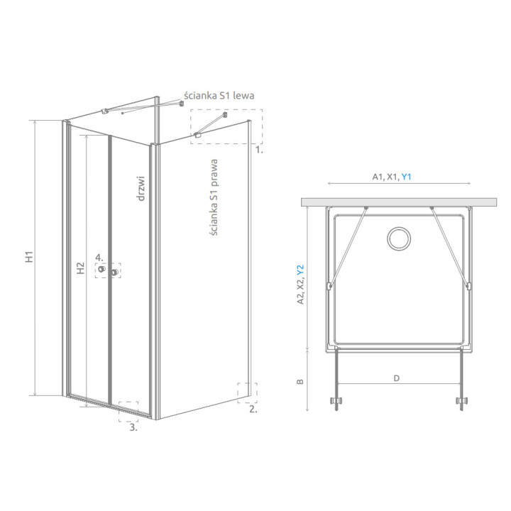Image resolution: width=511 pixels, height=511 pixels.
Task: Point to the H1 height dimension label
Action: [x=30, y=258]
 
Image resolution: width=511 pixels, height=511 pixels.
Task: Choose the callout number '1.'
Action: [x=259, y=150]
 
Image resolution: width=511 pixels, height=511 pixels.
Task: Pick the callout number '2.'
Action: [x=253, y=409]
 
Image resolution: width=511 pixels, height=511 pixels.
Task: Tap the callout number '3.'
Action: [x=133, y=427]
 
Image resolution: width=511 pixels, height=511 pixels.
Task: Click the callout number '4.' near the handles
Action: [x=100, y=258]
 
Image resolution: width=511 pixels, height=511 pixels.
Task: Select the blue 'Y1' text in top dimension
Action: [x=407, y=177]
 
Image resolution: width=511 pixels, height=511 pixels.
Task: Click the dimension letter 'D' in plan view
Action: [x=397, y=378]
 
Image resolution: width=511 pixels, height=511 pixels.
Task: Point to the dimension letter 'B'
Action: [x=301, y=381]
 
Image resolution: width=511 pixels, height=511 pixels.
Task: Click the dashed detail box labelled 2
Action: [x=247, y=392]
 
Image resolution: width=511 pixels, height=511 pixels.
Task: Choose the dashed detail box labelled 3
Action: [x=128, y=411]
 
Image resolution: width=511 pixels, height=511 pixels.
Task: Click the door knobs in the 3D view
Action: [x=109, y=271]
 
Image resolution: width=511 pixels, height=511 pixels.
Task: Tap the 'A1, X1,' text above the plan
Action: [x=385, y=177]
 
